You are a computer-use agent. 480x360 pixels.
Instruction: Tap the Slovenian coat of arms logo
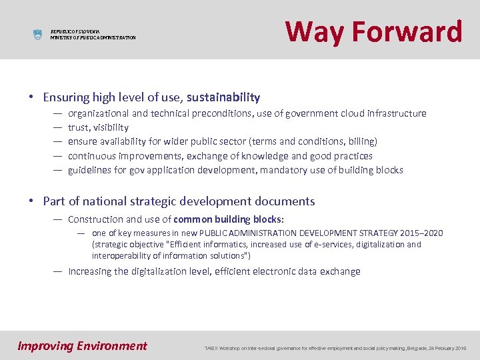pos(37,35)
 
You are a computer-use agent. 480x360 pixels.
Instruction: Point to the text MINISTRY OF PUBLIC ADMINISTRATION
pos(93,38)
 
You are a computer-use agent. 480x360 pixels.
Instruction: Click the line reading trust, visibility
pos(98,127)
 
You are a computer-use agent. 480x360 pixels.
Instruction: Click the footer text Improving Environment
pos(82,345)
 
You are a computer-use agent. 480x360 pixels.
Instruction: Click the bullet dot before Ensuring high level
pos(32,97)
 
